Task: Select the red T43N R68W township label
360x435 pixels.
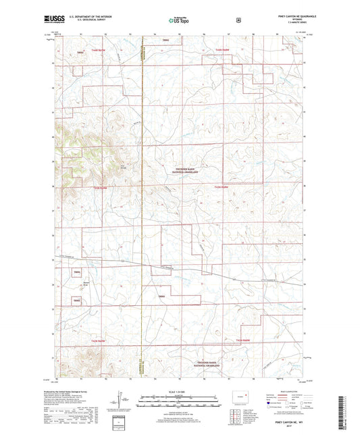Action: [224, 186]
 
